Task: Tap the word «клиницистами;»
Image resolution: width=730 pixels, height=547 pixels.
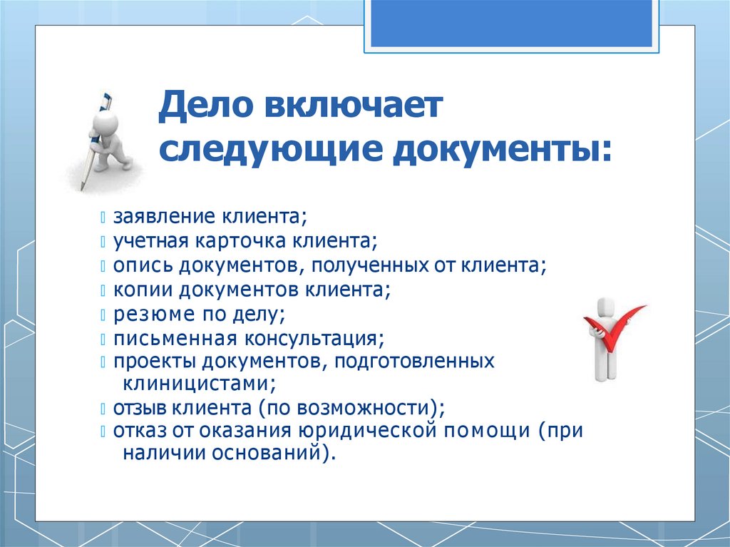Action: [199, 384]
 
